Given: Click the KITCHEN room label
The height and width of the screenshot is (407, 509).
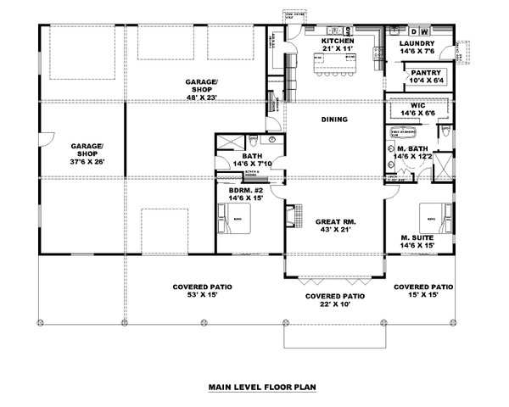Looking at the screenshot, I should click(336, 41).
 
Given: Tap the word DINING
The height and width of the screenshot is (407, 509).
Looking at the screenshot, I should click(334, 120).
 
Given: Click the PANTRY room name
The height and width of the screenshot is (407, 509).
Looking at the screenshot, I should click(425, 73).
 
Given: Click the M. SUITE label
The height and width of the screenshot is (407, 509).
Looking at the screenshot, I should click(417, 237).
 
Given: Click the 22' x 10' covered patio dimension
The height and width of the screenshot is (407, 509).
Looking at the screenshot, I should click(334, 306).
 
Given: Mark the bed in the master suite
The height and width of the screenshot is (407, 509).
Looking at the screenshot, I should click(428, 214).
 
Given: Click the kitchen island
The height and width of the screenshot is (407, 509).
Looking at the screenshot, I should click(335, 64).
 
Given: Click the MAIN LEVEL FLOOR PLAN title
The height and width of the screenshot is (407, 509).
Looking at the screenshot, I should click(262, 387).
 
